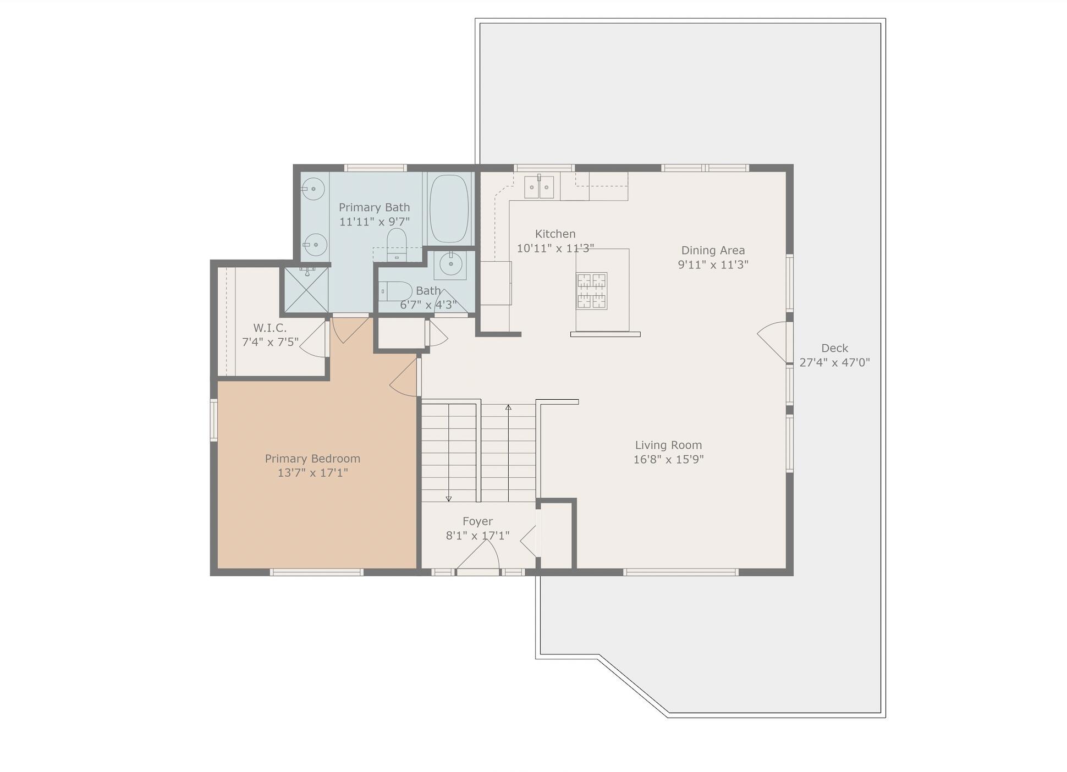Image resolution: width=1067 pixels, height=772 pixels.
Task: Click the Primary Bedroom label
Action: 312,459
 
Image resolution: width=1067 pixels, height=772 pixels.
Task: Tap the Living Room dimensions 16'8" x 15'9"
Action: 668,460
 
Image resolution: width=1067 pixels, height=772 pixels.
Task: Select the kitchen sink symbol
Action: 538,187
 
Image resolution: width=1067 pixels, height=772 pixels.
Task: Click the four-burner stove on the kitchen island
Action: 591,291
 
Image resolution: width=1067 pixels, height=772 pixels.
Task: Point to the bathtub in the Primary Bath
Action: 449,209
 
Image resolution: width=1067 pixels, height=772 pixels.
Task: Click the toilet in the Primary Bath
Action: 397,245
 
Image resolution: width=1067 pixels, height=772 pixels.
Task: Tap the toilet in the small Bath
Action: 395,291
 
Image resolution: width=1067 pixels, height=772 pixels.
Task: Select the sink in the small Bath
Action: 450,264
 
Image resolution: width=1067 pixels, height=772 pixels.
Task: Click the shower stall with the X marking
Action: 306,290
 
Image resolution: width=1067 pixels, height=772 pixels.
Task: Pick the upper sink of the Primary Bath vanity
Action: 314,189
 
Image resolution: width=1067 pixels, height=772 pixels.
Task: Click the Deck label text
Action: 834,348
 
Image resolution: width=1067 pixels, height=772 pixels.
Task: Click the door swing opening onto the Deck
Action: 773,341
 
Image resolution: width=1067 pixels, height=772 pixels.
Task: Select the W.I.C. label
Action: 269,328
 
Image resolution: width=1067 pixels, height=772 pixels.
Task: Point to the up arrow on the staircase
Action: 508,408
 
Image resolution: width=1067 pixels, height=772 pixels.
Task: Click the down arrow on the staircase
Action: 449,498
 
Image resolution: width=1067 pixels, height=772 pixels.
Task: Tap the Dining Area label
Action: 713,250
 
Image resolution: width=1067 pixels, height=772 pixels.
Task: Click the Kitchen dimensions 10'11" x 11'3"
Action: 555,249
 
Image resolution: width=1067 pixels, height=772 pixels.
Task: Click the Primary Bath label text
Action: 374,207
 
